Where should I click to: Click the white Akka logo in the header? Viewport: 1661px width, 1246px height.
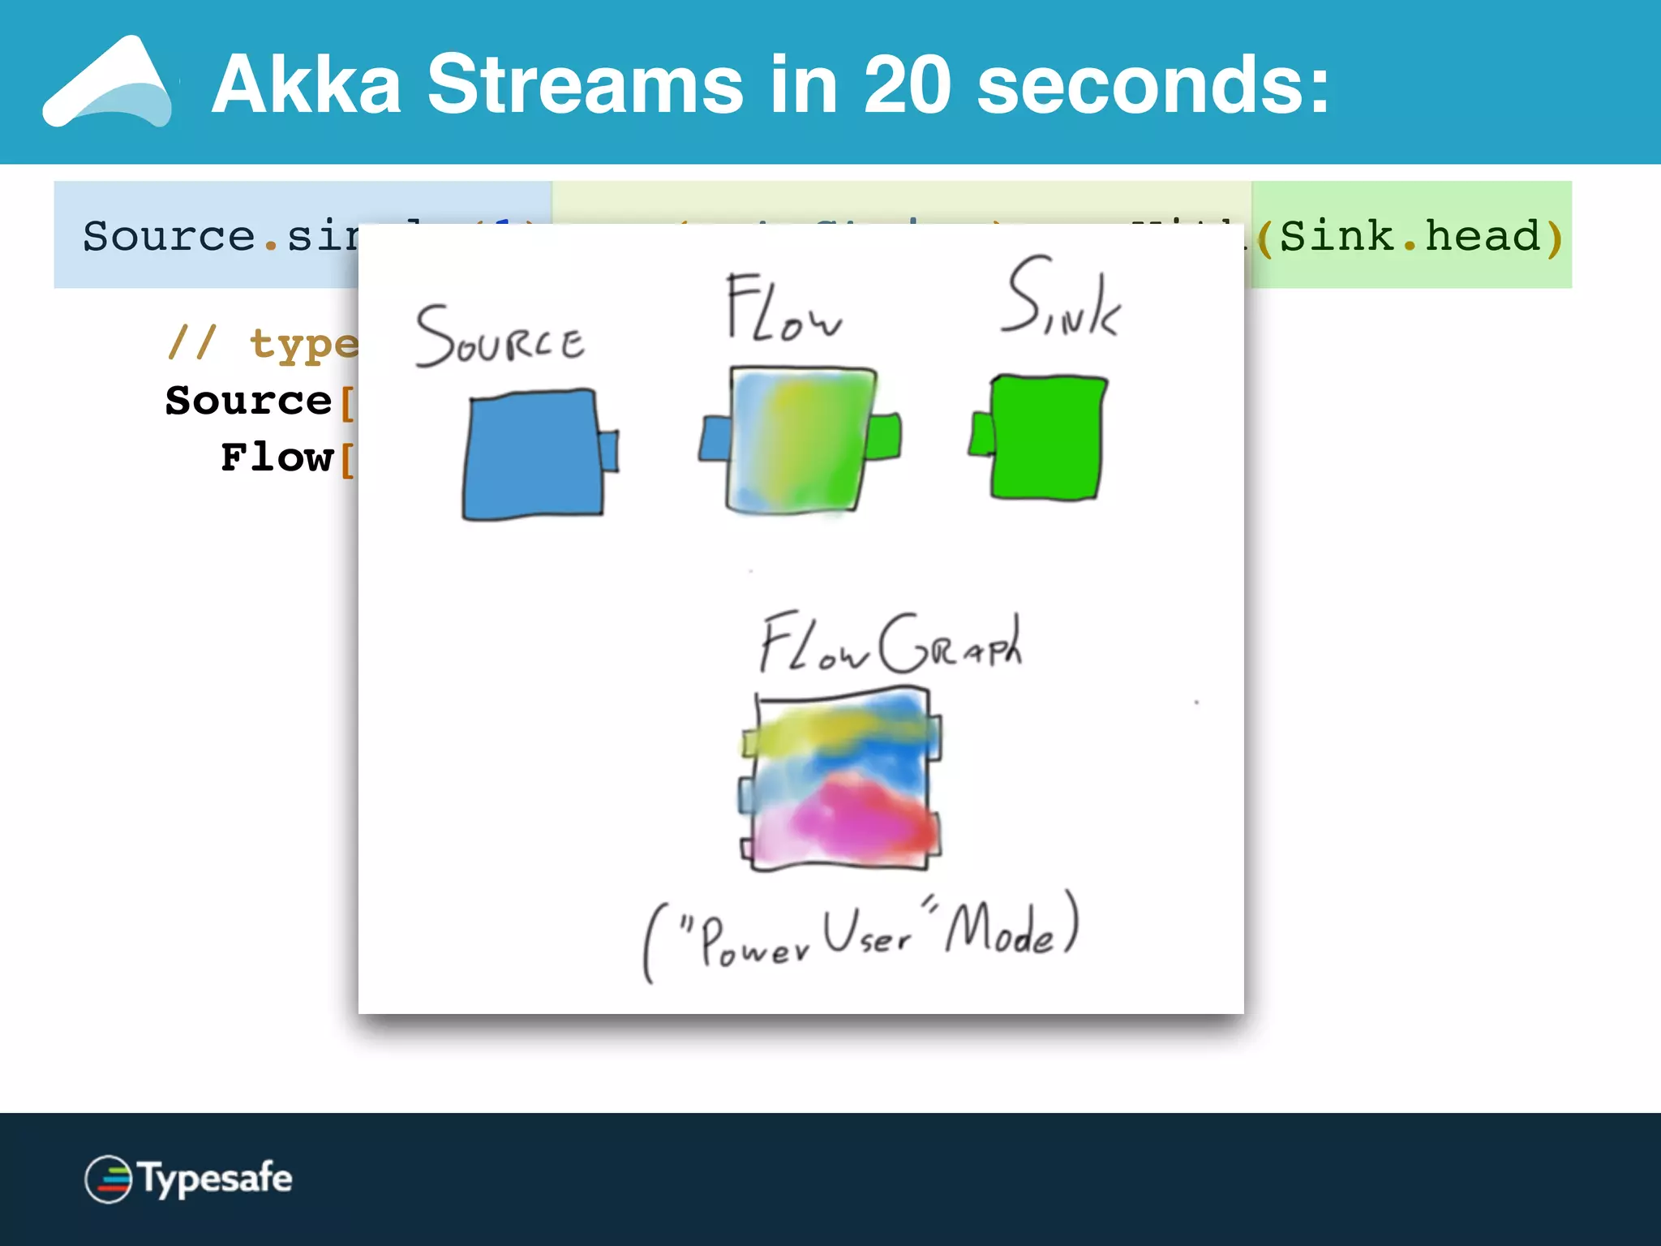point(108,83)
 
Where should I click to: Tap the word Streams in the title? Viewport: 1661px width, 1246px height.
point(585,84)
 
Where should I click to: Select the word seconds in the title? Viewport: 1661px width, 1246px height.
point(1152,84)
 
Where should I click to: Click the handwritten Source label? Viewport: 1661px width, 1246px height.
point(500,337)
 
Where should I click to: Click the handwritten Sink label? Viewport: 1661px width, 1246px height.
point(1061,298)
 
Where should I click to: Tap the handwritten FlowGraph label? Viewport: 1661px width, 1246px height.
point(891,645)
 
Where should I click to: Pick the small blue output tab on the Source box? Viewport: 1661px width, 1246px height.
point(608,451)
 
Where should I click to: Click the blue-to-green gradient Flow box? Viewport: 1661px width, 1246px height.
point(801,440)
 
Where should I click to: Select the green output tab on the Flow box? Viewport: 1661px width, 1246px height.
point(884,437)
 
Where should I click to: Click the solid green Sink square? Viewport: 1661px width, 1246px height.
point(1046,438)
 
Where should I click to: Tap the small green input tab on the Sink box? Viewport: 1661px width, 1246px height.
point(981,434)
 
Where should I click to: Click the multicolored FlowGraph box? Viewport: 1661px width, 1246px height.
point(842,779)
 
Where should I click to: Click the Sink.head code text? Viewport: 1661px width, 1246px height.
point(1410,236)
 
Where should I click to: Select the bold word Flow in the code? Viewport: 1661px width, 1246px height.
point(277,458)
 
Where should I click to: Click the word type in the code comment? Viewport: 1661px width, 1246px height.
point(303,344)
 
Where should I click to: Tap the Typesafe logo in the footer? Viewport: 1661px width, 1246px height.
point(188,1179)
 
